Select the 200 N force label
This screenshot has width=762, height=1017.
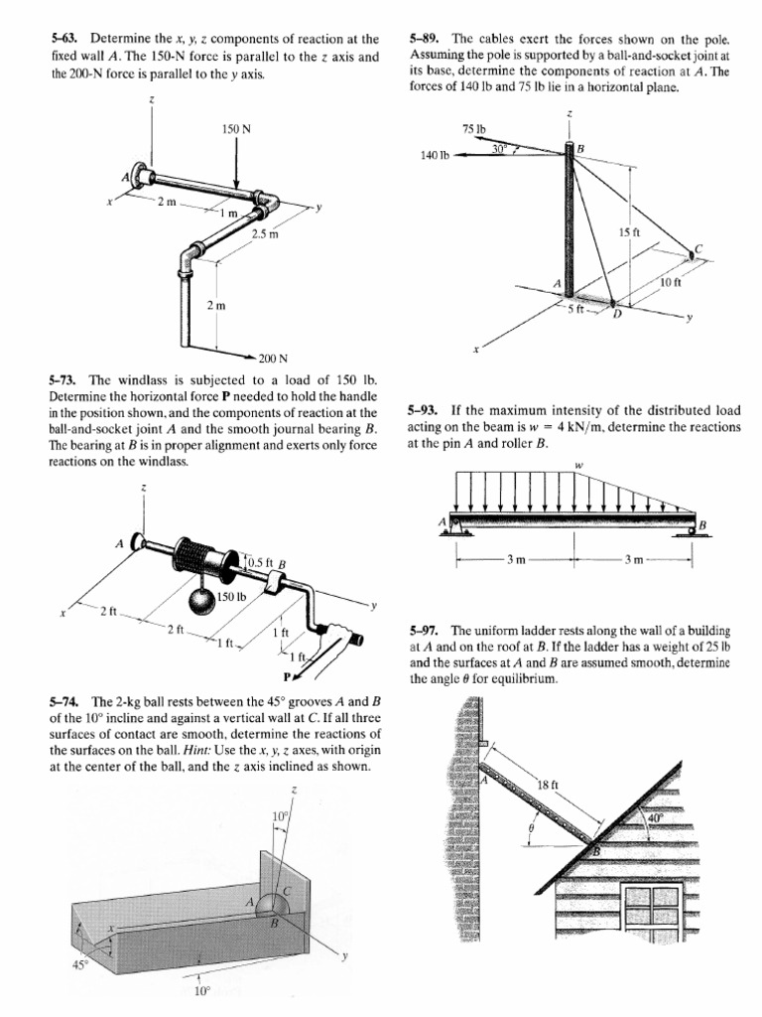point(273,358)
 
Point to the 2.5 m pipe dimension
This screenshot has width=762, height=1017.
point(265,234)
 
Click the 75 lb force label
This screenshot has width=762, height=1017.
point(472,129)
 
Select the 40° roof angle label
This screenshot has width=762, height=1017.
point(653,817)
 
